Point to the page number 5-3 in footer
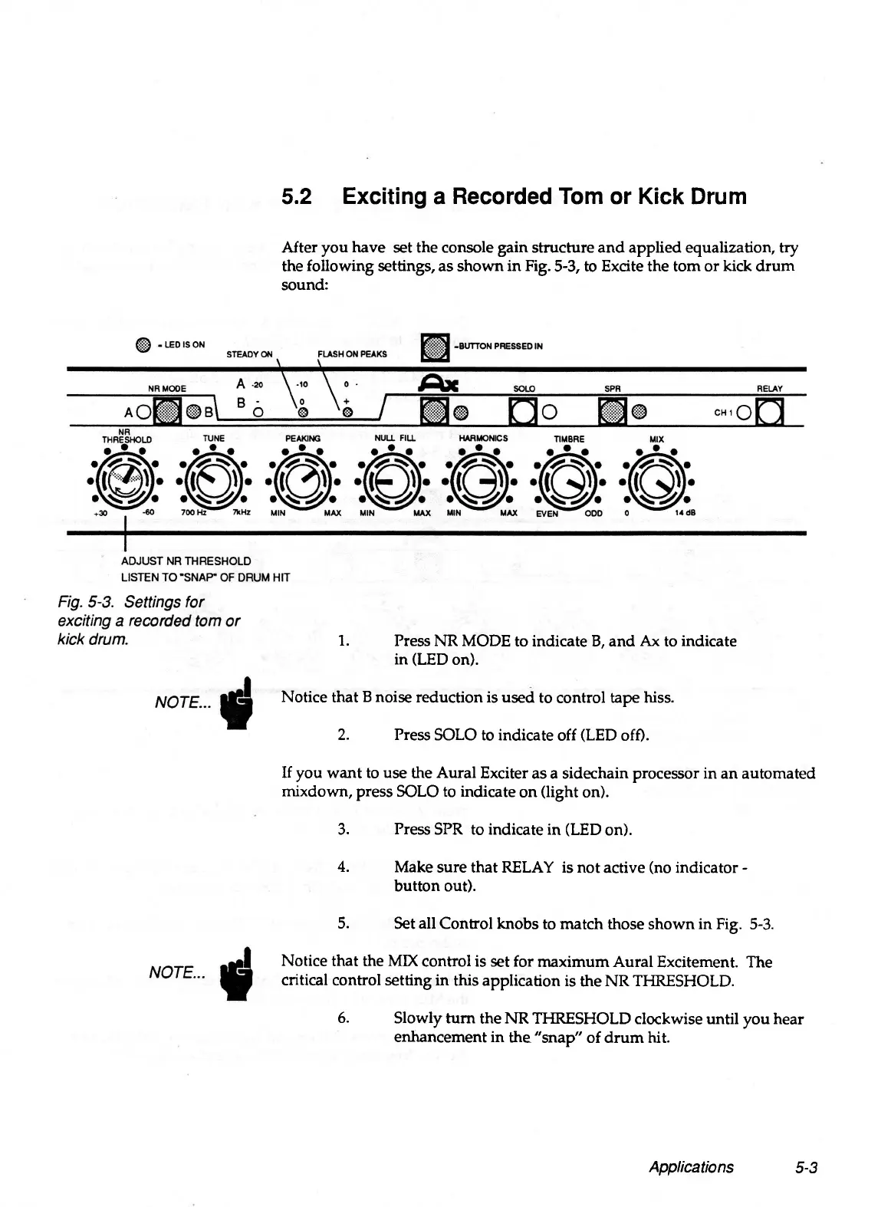(807, 1167)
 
